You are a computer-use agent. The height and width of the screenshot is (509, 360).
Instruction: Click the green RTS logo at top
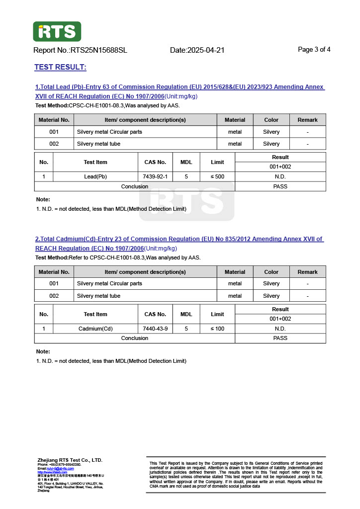[57, 31]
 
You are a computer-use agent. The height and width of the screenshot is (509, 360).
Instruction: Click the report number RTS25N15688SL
[99, 50]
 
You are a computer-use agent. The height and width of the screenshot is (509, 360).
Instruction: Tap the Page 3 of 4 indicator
[314, 49]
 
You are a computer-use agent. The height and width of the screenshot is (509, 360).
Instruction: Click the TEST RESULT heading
[60, 67]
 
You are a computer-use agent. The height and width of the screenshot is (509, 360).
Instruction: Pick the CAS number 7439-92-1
[155, 176]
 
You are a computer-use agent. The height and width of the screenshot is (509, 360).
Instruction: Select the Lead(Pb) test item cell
[95, 176]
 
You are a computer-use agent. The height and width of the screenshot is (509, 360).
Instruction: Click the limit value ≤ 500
[217, 176]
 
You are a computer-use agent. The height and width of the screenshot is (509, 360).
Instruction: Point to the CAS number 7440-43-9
[155, 329]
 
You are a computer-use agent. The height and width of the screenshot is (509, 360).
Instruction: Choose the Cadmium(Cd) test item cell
[95, 329]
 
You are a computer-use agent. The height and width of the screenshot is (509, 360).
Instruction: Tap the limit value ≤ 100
[217, 329]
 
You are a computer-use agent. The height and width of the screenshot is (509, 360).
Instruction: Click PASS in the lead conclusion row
[280, 186]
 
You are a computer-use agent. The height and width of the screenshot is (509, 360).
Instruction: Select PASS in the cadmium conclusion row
[280, 338]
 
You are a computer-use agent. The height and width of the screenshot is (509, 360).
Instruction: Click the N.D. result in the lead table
[280, 176]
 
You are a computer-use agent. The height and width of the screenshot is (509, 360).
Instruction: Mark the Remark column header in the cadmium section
[307, 272]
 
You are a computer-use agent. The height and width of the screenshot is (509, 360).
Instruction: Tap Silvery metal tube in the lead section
[98, 144]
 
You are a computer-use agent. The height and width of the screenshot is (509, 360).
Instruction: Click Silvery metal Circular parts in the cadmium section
[109, 283]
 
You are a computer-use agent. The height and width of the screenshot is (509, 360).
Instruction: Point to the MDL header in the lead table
[186, 162]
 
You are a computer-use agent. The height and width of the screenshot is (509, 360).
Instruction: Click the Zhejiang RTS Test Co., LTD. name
[70, 460]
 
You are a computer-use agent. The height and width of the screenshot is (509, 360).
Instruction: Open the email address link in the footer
[60, 468]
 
